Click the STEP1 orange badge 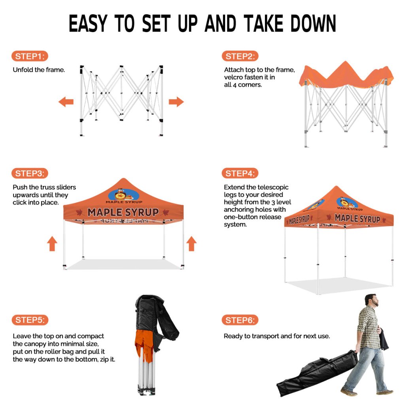click(x=30, y=56)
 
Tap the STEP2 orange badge click(x=240, y=56)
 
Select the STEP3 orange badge click(x=30, y=173)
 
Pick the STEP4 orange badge click(x=240, y=173)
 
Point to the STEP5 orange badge click(x=30, y=320)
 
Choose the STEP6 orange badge click(x=240, y=320)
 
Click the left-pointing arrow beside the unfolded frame click(x=66, y=102)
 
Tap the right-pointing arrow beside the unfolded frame click(x=176, y=102)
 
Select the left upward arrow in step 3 click(x=52, y=244)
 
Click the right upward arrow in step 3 click(x=191, y=244)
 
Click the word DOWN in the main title click(x=313, y=23)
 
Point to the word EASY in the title click(x=88, y=23)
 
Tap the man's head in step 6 click(x=372, y=301)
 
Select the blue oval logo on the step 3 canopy click(x=124, y=195)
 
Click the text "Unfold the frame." click(x=39, y=70)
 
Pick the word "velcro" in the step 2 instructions click(x=233, y=77)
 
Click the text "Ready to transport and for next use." click(x=276, y=336)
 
